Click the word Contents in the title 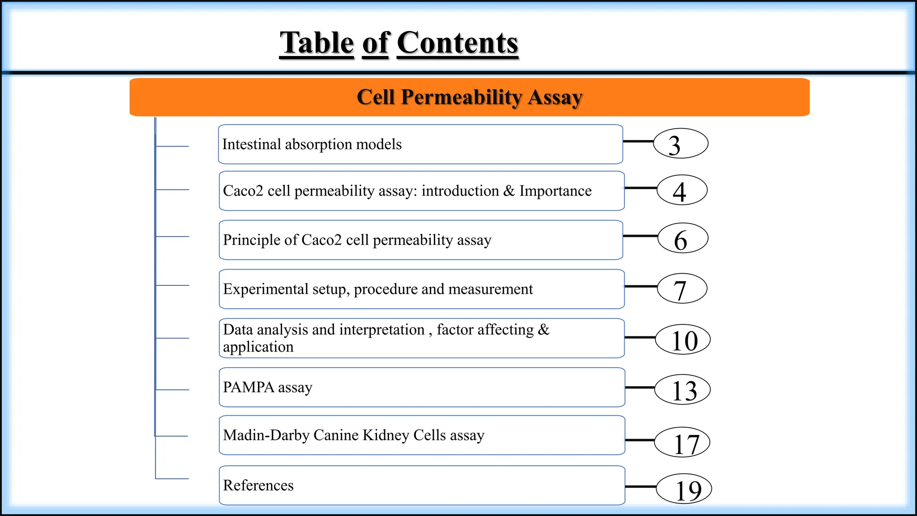tap(457, 43)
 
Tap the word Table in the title tap(317, 43)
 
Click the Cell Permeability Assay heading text tap(469, 97)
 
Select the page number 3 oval tap(681, 144)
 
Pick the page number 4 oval tap(682, 190)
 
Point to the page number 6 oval tap(683, 238)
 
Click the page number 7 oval tap(682, 288)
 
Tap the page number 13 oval tap(682, 390)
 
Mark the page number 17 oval tap(682, 443)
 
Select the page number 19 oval tap(684, 489)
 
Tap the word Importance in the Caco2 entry tap(555, 191)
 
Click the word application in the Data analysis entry tap(258, 347)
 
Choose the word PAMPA tap(249, 387)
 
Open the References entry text tap(258, 486)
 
